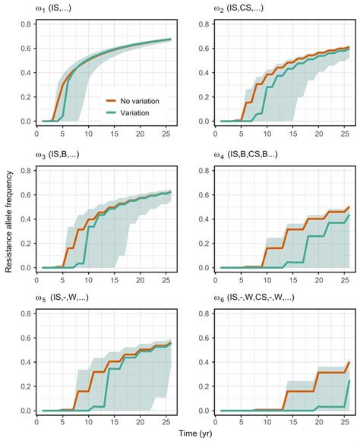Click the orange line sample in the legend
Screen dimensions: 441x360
coord(111,99)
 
